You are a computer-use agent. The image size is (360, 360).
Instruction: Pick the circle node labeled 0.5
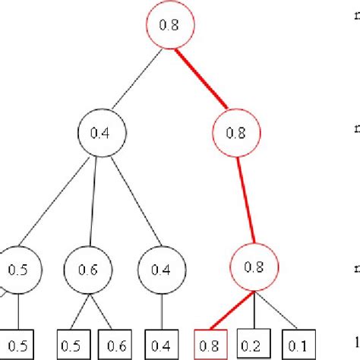tap(21, 269)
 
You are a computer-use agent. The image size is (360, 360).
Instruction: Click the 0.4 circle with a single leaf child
tap(161, 269)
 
